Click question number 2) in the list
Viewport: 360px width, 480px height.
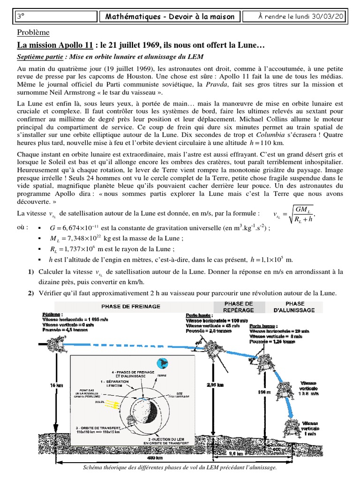(30, 293)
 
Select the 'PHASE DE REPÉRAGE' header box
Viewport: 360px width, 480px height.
(238, 307)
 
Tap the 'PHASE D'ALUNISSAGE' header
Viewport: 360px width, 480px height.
(295, 307)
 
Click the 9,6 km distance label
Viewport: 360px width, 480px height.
(236, 453)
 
